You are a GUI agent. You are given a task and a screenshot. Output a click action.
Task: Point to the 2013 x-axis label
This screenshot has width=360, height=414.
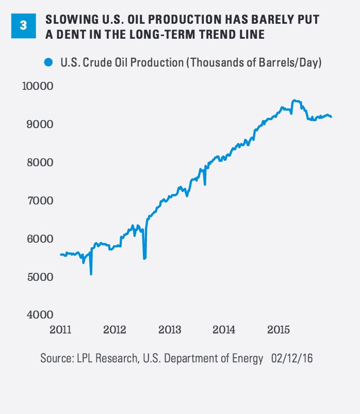pyautogui.click(x=169, y=329)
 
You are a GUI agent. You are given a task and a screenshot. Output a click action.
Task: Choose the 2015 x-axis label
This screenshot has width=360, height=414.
pyautogui.click(x=279, y=329)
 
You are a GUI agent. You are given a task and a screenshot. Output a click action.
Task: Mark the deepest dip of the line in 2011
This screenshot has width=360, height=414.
pyautogui.click(x=91, y=274)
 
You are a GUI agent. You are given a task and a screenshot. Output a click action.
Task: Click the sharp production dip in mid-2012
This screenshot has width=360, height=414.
pyautogui.click(x=144, y=258)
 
